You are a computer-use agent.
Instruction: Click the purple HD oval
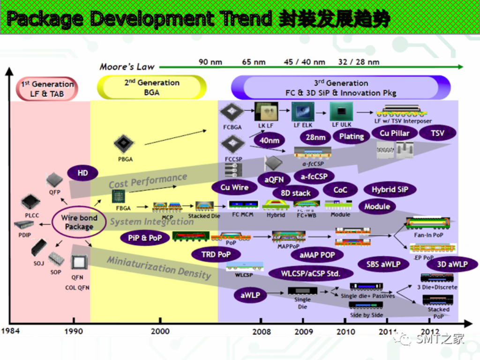coord(82,173)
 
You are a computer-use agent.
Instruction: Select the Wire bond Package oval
coord(79,222)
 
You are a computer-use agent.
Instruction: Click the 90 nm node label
coord(210,62)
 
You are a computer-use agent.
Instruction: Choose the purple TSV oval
coord(437,133)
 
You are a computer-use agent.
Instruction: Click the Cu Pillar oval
coord(394,133)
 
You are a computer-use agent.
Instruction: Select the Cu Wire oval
coord(234,187)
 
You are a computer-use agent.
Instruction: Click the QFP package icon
coord(54,179)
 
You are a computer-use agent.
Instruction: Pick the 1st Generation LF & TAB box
coord(47,89)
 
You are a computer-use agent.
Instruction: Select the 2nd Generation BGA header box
coord(151,88)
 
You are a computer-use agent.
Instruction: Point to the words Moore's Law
coord(127,67)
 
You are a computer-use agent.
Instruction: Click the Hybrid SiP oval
coord(390,190)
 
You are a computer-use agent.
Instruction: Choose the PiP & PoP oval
coord(145,238)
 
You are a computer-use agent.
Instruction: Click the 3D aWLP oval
coord(452,264)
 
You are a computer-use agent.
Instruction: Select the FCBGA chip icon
coord(232,112)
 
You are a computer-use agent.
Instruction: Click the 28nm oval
coord(315,138)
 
